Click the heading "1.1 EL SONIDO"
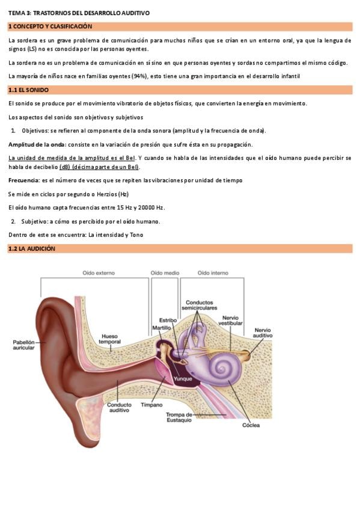[x=28, y=90]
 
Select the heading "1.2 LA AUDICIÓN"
[x=31, y=248]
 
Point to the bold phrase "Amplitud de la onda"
[x=37, y=144]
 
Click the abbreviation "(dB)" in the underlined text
[x=64, y=167]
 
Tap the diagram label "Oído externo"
[x=99, y=273]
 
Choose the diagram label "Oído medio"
[x=165, y=273]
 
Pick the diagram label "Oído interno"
[x=213, y=273]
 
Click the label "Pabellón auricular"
[x=23, y=345]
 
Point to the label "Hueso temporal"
[x=109, y=339]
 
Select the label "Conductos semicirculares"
[x=199, y=305]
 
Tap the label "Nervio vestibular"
[x=230, y=321]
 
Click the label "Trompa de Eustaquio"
[x=179, y=417]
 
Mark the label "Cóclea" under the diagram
[x=251, y=425]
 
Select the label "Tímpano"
[x=151, y=405]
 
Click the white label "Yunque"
[x=183, y=379]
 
